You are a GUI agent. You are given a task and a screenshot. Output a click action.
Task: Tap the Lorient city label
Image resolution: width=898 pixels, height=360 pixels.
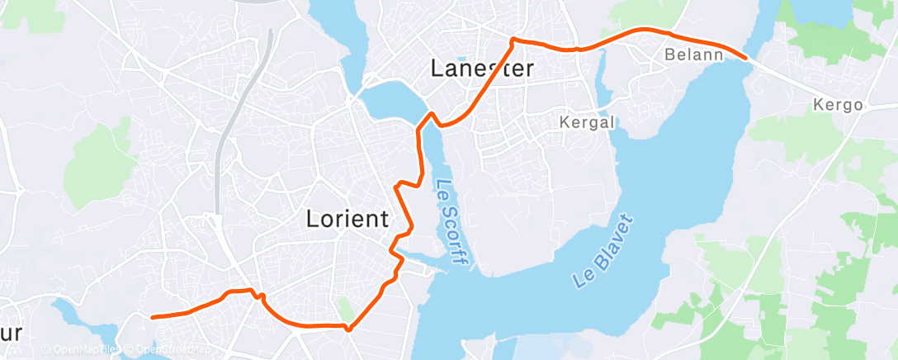click(347, 220)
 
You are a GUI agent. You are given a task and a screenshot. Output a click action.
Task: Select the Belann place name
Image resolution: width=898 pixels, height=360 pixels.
click(693, 55)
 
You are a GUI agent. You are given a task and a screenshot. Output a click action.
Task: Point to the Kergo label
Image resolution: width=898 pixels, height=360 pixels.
click(838, 106)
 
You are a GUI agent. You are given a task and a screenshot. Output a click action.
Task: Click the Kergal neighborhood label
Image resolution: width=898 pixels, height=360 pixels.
click(588, 122)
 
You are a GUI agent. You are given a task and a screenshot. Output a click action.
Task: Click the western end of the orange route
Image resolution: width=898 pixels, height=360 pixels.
click(153, 317)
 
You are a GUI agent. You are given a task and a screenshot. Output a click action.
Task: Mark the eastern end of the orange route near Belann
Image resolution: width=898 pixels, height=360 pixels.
click(746, 58)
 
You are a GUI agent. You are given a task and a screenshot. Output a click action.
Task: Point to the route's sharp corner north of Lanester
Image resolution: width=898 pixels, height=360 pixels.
click(513, 39)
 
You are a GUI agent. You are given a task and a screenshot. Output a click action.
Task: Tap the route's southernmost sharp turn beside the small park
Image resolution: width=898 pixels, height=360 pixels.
click(349, 329)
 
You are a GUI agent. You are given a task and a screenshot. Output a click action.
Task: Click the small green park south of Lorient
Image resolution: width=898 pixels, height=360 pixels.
click(344, 311)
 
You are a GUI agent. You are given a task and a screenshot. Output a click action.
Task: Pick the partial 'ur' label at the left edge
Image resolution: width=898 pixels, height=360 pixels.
click(12, 333)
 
